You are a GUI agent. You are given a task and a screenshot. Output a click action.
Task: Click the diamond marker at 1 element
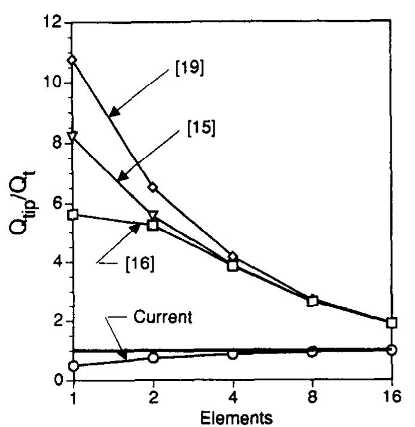(x=73, y=60)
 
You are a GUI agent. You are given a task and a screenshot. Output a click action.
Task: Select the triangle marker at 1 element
(x=73, y=136)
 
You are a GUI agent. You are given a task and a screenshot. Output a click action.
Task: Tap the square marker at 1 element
(x=73, y=215)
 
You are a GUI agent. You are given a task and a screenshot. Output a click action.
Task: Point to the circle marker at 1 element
(x=73, y=366)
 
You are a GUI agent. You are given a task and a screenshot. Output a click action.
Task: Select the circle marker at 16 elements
(x=392, y=349)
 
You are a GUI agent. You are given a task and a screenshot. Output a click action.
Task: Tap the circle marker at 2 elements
(x=153, y=358)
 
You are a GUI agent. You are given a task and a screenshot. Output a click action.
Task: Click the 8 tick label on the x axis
(x=312, y=394)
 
